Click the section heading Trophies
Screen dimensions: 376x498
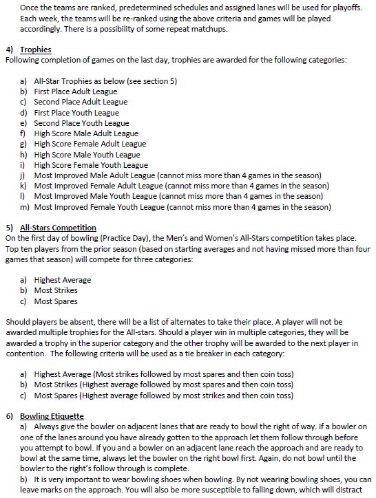(x=35, y=50)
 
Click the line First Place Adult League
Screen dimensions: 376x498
(x=75, y=91)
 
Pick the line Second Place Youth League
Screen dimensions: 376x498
(x=81, y=123)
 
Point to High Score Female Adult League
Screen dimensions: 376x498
(x=90, y=144)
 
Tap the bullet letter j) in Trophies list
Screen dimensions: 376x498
(x=24, y=175)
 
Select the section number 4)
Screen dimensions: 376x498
(x=9, y=50)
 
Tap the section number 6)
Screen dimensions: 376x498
(x=9, y=417)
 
